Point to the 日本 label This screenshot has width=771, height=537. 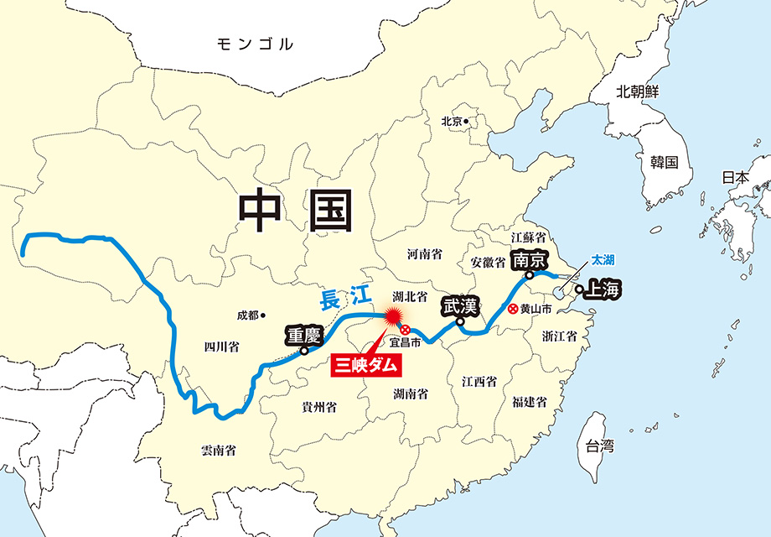pyautogui.click(x=736, y=177)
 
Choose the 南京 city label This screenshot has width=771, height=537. pyautogui.click(x=530, y=259)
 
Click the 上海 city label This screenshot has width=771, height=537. pyautogui.click(x=604, y=290)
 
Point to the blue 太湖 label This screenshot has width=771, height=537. pyautogui.click(x=603, y=260)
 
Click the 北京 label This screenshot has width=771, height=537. pyautogui.click(x=452, y=121)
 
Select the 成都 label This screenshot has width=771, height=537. pyautogui.click(x=247, y=315)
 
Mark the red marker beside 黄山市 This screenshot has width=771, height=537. pyautogui.click(x=512, y=309)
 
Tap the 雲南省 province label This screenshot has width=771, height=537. pyautogui.click(x=219, y=450)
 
